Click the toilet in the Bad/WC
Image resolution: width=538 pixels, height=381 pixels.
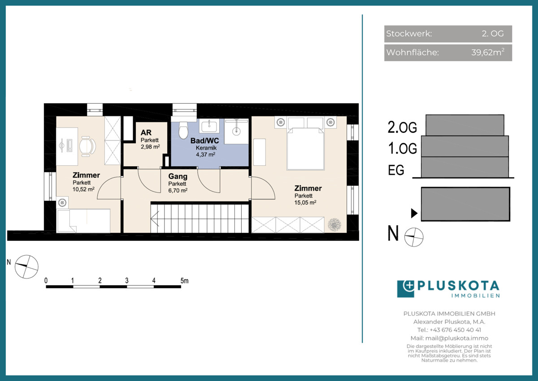[x=183, y=130]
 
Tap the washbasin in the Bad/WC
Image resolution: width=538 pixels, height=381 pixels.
[x=209, y=126]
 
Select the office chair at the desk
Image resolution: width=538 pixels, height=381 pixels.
[x=87, y=146]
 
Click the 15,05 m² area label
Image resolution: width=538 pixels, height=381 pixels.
[x=305, y=203]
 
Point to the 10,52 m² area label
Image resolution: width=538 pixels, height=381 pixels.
[x=83, y=189]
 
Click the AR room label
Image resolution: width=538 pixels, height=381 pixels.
[x=146, y=133]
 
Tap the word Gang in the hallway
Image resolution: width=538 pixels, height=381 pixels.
[x=178, y=176]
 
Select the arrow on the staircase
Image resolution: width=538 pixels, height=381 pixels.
[x=155, y=218]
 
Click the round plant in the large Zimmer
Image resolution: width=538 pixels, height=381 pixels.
[x=334, y=224]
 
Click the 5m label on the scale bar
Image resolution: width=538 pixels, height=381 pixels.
[x=184, y=281]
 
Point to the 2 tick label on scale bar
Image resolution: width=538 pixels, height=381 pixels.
[x=100, y=280]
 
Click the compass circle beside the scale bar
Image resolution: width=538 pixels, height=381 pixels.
[x=26, y=267]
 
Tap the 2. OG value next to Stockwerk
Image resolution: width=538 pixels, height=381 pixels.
[x=493, y=33]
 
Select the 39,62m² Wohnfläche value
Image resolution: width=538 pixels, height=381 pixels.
[x=488, y=52]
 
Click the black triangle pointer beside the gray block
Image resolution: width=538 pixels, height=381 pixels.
[x=414, y=213]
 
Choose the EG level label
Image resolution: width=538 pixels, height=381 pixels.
[x=396, y=170]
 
